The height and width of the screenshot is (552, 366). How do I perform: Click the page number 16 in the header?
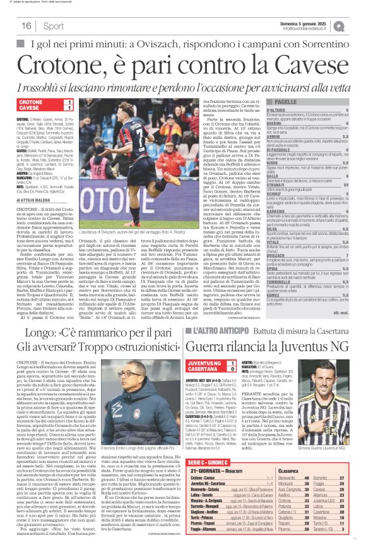point(27,26)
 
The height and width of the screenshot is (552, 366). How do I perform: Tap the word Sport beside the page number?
point(54,26)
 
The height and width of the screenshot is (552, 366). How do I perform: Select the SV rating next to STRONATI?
point(345,185)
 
